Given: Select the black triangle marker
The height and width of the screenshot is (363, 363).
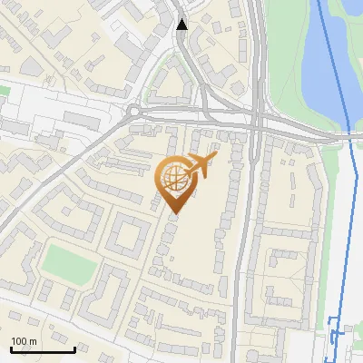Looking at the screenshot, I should [182, 25].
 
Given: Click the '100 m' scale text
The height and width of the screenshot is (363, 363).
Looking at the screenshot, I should [24, 341].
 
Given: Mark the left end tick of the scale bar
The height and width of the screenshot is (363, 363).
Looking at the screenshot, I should [11, 347].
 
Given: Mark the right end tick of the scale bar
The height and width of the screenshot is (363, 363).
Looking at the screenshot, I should [74, 347].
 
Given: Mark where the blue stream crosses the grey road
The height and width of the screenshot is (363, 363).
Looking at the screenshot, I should [349, 134].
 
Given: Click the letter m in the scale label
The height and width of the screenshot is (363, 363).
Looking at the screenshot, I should [33, 341].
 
